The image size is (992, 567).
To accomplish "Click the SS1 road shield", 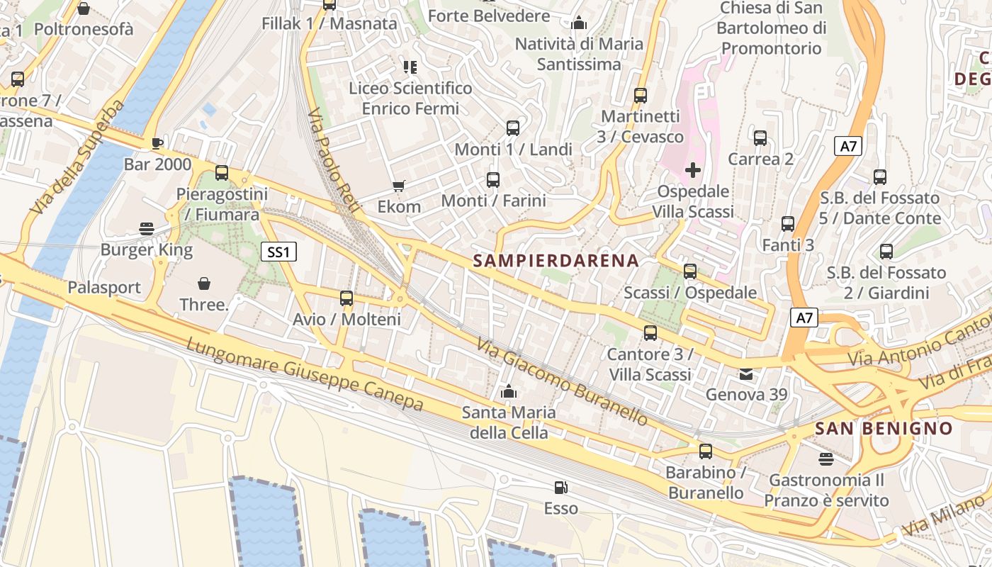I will tap(278, 252).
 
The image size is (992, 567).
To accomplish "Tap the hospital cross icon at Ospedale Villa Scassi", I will tap(693, 170).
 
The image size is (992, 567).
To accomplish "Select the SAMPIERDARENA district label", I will tap(556, 260).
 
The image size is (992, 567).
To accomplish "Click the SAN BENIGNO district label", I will tap(884, 428).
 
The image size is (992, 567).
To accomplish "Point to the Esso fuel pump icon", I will tap(560, 488).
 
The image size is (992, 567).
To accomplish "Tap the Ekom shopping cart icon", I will tap(399, 186).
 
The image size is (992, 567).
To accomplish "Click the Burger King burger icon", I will tap(147, 228).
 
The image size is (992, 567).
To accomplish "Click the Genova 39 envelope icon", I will tap(747, 374).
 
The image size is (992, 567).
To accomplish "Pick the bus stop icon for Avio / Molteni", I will tap(346, 298).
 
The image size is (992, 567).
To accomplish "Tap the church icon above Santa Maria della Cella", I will tap(508, 391).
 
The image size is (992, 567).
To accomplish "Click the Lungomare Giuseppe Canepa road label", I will tap(305, 374).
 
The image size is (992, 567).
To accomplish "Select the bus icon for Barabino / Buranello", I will tap(705, 451).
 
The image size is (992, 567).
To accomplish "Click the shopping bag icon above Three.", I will tap(204, 283).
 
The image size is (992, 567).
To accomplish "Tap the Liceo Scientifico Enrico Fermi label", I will tap(410, 99).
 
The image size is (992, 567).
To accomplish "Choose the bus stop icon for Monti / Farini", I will tap(493, 180).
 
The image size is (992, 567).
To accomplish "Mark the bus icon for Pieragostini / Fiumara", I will tap(222, 173).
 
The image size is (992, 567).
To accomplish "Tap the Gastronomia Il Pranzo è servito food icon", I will tap(825, 459).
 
